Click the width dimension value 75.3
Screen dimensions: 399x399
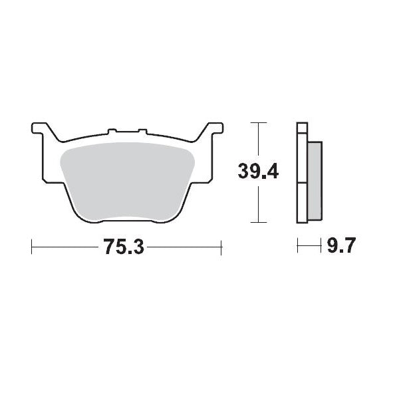(x=123, y=247)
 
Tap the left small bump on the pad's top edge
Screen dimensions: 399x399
(x=112, y=131)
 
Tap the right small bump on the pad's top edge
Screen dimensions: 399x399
(x=141, y=131)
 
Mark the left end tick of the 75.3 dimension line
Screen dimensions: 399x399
(x=32, y=247)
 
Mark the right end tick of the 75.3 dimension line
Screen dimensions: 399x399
(x=221, y=247)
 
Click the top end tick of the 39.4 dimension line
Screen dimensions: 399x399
(x=257, y=123)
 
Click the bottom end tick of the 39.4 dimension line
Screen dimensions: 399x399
(x=257, y=222)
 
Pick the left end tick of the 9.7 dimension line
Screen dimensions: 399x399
(x=297, y=247)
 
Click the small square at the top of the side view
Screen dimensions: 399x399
(x=302, y=128)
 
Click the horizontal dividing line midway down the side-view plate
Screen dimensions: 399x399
(x=302, y=182)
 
